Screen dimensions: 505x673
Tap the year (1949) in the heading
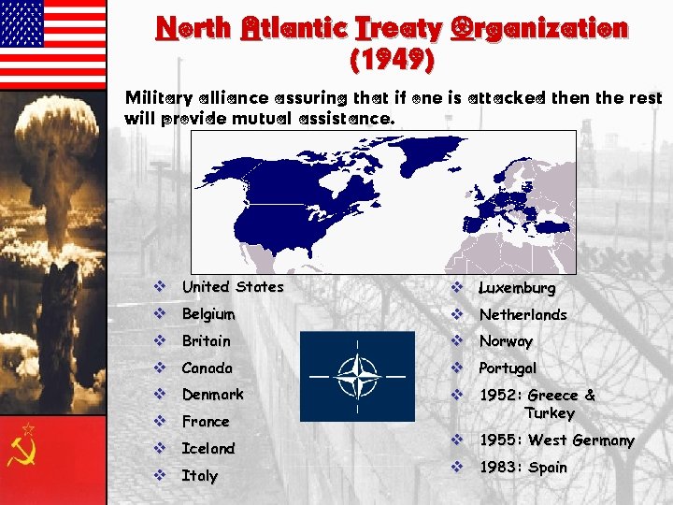coord(390,62)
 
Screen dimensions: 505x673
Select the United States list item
coord(232,287)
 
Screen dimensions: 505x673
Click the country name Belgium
coord(208,314)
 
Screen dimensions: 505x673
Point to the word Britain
coord(206,341)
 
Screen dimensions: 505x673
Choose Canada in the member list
coord(207,368)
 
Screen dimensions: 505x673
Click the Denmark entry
coord(212,395)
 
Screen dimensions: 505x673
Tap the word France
coord(205,422)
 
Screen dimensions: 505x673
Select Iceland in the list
coord(208,449)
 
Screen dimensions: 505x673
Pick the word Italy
coord(199,476)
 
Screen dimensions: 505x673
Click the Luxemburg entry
coord(517,288)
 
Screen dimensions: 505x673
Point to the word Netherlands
coord(523,315)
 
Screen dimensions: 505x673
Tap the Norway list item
coord(506,342)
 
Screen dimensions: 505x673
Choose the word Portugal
coord(508,368)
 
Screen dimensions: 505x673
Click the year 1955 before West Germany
coord(500,440)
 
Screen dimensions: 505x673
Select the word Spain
coord(548,468)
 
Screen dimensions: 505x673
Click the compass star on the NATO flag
coord(357,376)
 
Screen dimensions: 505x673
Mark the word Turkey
coord(550,413)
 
